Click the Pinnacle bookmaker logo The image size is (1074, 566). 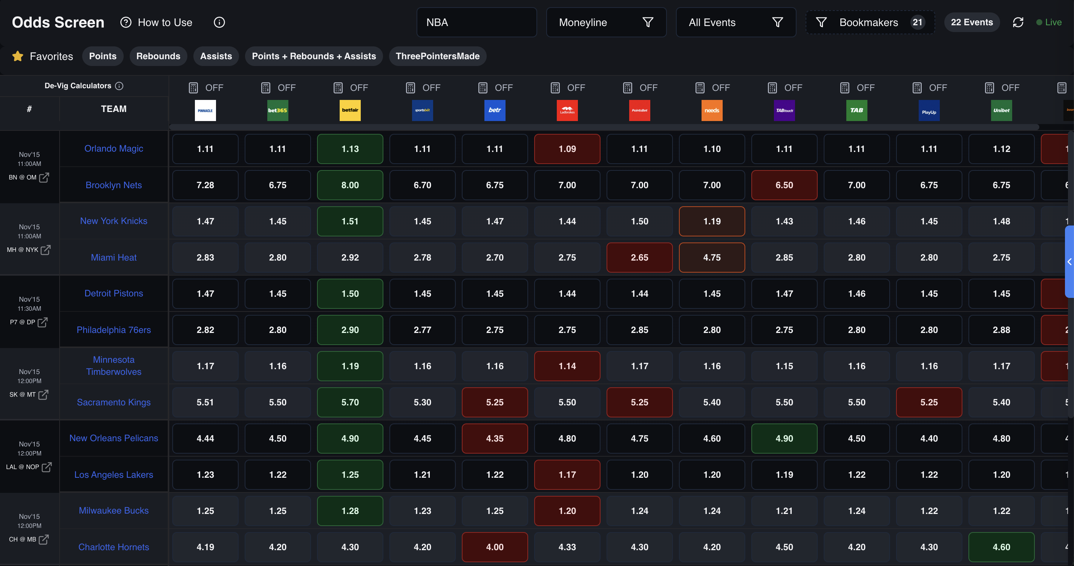tap(205, 110)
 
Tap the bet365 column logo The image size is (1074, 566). tap(278, 110)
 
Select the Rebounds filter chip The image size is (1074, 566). tap(158, 56)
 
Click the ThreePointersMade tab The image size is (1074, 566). tap(437, 56)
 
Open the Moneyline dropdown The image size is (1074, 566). tap(606, 23)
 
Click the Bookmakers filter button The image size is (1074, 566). tap(870, 23)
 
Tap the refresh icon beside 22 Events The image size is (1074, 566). tap(1018, 23)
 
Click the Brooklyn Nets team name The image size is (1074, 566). tap(113, 185)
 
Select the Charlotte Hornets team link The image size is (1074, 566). tap(113, 547)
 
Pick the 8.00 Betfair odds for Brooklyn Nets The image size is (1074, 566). tap(350, 185)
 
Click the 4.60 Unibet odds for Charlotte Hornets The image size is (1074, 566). tap(1001, 547)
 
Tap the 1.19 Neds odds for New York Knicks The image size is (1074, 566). tap(712, 221)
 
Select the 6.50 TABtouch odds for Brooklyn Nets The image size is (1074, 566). tap(784, 185)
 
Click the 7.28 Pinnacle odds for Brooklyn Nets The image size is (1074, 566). tap(205, 185)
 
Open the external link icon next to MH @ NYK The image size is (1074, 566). tap(46, 249)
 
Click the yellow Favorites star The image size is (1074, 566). tap(17, 56)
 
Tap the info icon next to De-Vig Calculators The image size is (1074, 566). tap(119, 86)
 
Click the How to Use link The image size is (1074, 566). tap(165, 23)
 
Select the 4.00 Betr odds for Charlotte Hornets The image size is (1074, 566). tap(495, 547)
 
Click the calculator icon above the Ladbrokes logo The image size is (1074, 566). tap(555, 87)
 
